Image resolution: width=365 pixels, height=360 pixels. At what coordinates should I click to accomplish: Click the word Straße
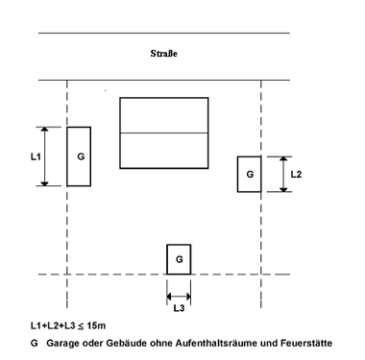coord(163,54)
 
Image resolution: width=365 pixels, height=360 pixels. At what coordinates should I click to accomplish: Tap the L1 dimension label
coord(36,156)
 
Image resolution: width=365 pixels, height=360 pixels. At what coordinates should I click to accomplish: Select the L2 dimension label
coord(296,175)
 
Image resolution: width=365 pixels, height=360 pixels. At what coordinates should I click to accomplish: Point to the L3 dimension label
coord(179,308)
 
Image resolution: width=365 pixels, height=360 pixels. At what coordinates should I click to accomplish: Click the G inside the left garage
coord(81,156)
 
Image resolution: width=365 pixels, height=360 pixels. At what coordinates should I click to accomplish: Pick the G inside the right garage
coord(250,175)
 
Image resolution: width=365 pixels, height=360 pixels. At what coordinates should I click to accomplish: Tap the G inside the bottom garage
coord(180,259)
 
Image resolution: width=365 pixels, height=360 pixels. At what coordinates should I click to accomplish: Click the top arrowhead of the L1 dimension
coord(44,129)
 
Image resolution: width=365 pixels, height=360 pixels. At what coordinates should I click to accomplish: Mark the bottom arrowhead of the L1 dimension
coord(44,183)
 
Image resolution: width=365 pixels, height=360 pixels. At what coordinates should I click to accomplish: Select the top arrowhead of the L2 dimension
coord(283,158)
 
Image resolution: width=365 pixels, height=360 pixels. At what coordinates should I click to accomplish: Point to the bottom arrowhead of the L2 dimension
coord(283,190)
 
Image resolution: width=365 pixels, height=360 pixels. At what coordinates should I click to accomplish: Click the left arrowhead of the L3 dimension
coord(169,296)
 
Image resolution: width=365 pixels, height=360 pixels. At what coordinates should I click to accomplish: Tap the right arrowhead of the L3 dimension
coord(188,296)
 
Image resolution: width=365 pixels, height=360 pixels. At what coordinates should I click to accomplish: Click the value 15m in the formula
coord(96,325)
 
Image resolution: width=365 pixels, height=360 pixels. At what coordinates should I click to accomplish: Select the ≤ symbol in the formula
coord(82,326)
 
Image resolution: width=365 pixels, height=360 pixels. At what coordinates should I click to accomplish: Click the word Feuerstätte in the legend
coord(306,344)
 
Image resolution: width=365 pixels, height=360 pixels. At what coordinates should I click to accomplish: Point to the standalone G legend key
coord(35,344)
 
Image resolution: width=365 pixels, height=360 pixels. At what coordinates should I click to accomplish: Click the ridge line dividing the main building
coord(164,132)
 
